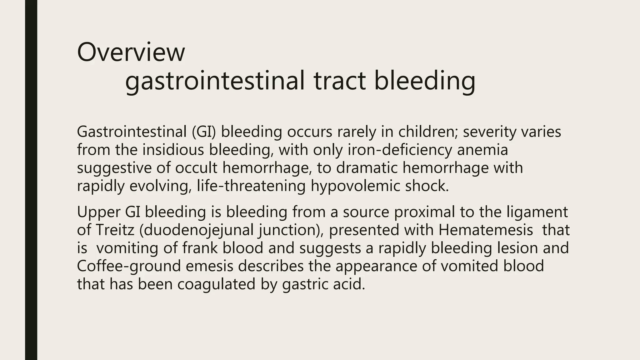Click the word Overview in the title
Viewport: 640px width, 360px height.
tap(131, 52)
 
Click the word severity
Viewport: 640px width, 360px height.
tap(489, 132)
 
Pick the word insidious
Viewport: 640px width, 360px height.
tap(173, 150)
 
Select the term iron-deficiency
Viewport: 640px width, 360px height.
tap(400, 150)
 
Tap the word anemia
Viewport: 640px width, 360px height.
tap(482, 150)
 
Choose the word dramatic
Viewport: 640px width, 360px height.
tap(367, 168)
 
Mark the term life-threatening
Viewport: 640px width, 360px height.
tap(251, 186)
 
